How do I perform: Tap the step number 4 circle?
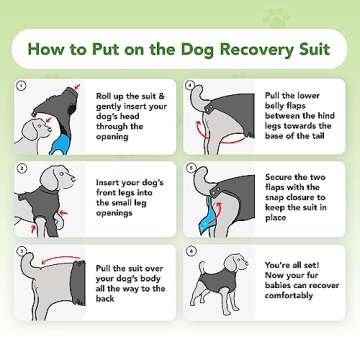[189, 85]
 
